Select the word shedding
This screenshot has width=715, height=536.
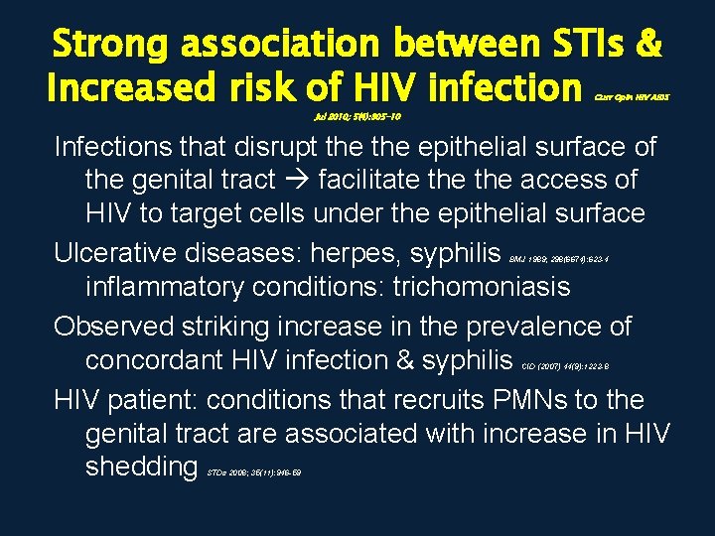click(142, 467)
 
